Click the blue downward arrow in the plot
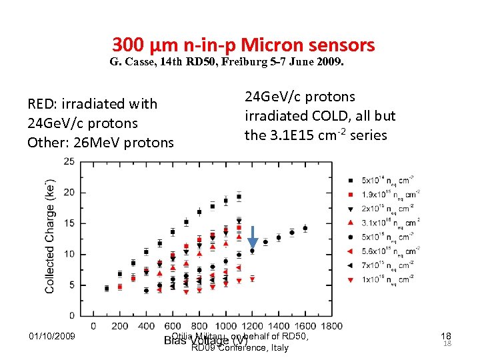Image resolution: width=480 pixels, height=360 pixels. [x=253, y=237]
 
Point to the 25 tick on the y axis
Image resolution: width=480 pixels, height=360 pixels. [x=69, y=161]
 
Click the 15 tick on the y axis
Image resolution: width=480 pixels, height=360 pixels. [x=69, y=223]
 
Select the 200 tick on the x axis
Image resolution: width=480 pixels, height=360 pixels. [x=119, y=326]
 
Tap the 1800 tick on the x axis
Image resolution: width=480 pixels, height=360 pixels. [x=331, y=326]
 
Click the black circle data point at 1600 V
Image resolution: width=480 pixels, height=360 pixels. [x=305, y=228]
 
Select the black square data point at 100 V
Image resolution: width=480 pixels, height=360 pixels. [x=107, y=288]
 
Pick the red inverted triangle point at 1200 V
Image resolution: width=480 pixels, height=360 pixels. [x=252, y=279]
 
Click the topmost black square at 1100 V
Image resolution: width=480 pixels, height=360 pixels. [x=239, y=197]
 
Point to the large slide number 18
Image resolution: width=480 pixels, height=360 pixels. [x=447, y=337]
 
